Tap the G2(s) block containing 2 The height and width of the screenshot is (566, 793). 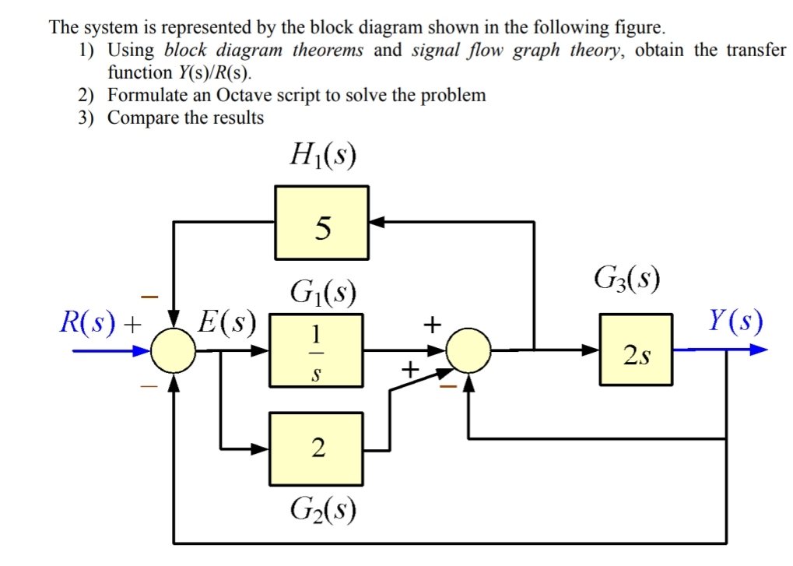[316, 448]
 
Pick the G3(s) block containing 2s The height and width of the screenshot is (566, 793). [635, 350]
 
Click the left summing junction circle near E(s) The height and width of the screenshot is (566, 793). [172, 351]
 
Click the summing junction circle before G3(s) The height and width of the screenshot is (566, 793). [469, 350]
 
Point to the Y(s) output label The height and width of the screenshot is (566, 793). [735, 320]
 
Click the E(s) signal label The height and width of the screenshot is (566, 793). [226, 322]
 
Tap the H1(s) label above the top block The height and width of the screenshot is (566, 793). [321, 159]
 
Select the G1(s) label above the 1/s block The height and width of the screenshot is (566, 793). [322, 294]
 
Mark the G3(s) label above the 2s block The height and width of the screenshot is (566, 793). [627, 278]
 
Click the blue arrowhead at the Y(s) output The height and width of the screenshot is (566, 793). [758, 350]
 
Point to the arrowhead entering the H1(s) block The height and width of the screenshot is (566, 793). [376, 222]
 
